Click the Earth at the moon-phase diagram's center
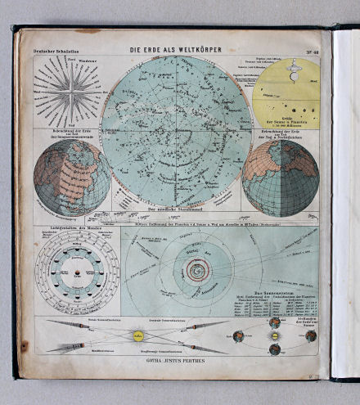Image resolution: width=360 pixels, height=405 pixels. pyautogui.click(x=77, y=271)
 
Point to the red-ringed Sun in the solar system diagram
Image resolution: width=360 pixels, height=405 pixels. pyautogui.click(x=196, y=269)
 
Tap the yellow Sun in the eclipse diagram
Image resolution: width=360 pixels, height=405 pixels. pyautogui.click(x=138, y=335)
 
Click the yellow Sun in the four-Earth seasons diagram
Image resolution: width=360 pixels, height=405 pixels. pyautogui.click(x=275, y=335)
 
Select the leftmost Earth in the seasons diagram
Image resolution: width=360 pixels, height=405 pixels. pyautogui.click(x=238, y=335)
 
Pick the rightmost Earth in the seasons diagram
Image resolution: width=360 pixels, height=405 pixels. pyautogui.click(x=311, y=335)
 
